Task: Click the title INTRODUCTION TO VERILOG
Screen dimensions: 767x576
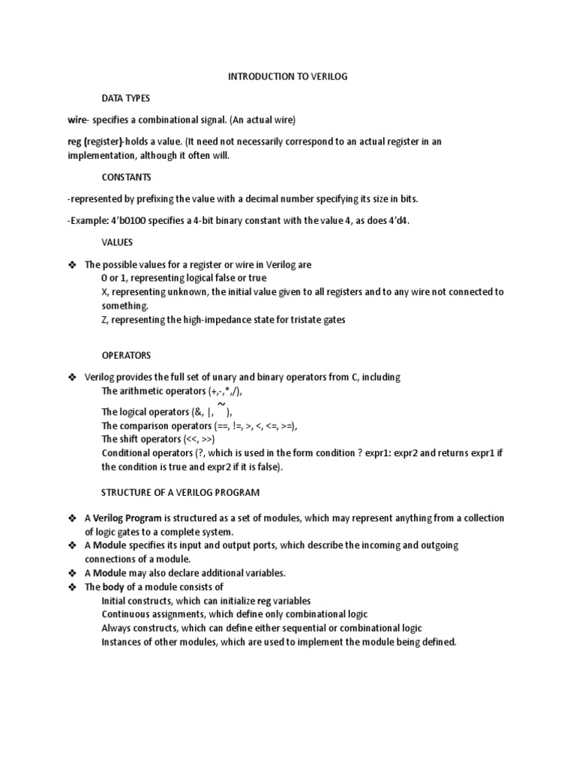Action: pos(288,77)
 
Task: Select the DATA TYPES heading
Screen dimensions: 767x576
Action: pos(126,98)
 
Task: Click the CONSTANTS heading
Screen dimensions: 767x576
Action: pos(127,178)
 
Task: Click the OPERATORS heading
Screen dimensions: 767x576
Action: pos(126,355)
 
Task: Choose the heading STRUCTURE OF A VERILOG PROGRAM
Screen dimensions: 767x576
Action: pos(179,492)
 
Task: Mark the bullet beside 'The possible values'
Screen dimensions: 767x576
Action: pos(73,265)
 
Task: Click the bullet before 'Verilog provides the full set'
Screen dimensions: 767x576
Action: pos(73,378)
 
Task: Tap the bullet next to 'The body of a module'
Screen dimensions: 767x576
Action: pos(73,587)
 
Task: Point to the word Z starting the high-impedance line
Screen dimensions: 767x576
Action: pos(104,320)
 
